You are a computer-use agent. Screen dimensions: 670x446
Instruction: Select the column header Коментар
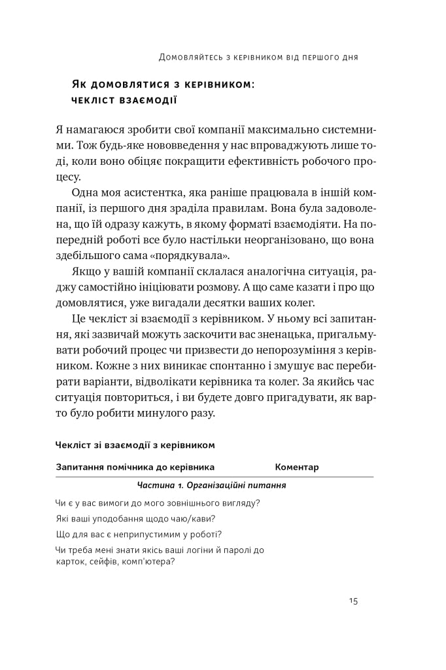tap(297, 467)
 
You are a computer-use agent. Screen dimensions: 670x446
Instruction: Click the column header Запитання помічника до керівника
tap(136, 467)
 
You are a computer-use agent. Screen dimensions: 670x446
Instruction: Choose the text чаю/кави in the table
tap(194, 519)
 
